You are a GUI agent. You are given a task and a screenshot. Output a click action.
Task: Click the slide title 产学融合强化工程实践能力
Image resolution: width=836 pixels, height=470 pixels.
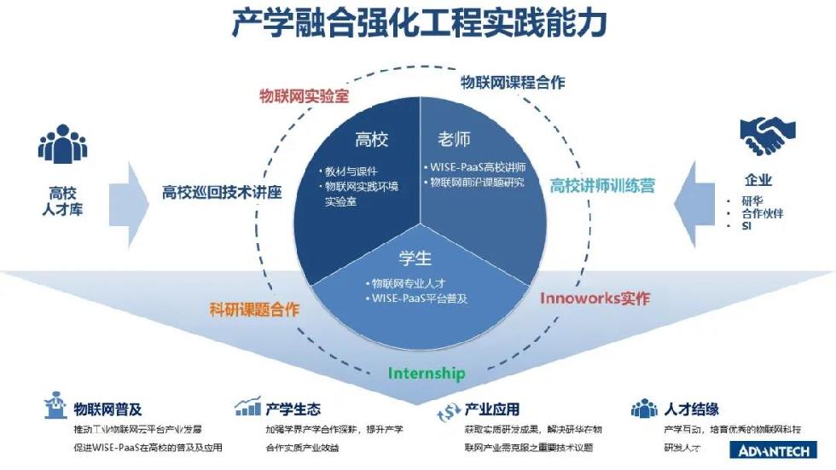tap(418, 23)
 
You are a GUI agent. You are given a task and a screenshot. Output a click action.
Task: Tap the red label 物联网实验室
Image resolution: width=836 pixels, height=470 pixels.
tap(305, 94)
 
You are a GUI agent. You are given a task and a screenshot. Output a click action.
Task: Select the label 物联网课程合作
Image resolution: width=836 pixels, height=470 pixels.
tap(513, 82)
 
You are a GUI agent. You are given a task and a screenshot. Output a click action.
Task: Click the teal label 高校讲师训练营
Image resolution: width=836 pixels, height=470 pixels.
tap(602, 185)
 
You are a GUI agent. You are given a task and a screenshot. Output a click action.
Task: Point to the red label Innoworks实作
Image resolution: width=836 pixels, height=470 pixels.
tap(595, 299)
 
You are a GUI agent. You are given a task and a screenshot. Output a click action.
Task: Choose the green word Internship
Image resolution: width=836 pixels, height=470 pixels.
tap(427, 373)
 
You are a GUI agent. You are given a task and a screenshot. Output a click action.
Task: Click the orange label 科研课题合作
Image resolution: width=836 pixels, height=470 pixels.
tap(254, 310)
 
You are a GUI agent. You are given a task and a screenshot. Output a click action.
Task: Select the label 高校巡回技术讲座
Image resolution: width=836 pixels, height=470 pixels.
tap(222, 193)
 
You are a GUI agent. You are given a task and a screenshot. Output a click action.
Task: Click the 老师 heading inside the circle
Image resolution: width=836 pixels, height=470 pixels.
tap(454, 139)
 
